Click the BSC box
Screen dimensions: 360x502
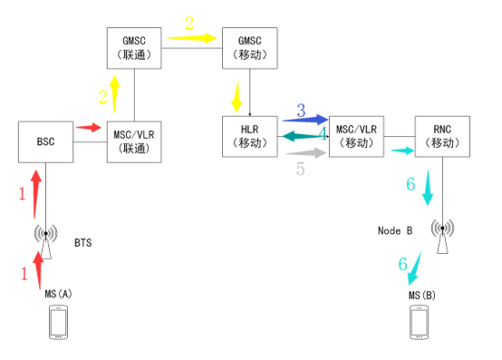(46, 142)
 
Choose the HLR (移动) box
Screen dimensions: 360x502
(250, 137)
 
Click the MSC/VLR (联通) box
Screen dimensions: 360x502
(135, 142)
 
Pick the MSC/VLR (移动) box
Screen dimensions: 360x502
(355, 137)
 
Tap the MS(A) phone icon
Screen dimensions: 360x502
(58, 323)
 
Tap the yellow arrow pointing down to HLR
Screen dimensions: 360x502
(237, 94)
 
